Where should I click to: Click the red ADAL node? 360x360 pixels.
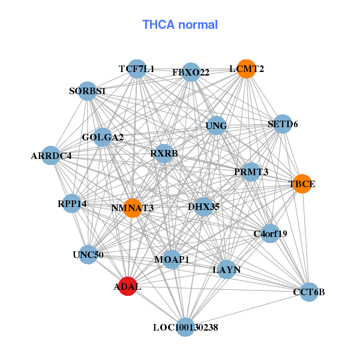(x=127, y=286)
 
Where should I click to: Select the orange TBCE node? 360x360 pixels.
(x=302, y=184)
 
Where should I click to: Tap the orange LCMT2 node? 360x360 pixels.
(x=245, y=69)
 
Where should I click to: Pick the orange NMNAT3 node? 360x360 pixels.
(x=133, y=208)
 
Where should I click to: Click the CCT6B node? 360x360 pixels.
(x=308, y=292)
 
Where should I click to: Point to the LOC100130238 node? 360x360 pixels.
(x=185, y=327)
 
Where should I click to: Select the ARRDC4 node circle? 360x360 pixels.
(x=52, y=156)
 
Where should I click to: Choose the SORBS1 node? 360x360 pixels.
(x=88, y=91)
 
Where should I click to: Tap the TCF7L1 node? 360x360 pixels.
(x=137, y=69)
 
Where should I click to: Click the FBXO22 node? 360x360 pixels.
(x=191, y=73)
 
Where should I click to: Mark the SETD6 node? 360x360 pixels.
(x=283, y=124)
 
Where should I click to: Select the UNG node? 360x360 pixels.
(x=216, y=126)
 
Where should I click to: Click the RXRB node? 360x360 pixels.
(x=164, y=154)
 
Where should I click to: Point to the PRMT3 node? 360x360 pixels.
(x=251, y=172)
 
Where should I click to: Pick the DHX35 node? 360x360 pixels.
(x=203, y=207)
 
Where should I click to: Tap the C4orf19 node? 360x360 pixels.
(x=271, y=233)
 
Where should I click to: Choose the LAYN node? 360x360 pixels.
(x=227, y=270)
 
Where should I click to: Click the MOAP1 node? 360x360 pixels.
(x=172, y=259)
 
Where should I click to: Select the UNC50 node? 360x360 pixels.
(x=88, y=254)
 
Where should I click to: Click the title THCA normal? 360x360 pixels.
(x=180, y=25)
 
